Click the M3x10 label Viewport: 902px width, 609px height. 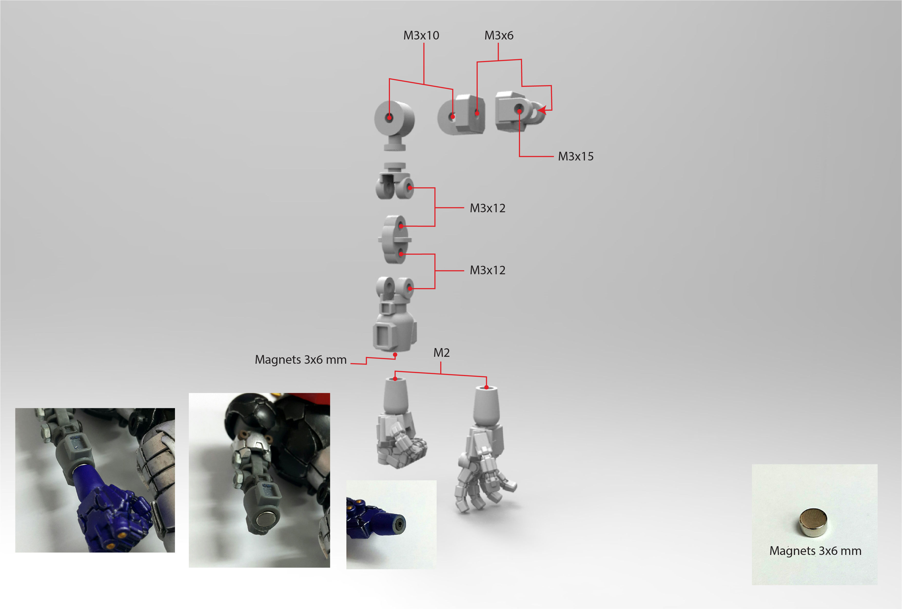421,36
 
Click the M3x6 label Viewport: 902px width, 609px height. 499,36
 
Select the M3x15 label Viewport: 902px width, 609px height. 576,157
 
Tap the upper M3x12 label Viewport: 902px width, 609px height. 487,208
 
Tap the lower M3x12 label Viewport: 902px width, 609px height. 487,270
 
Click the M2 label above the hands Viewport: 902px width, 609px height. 441,353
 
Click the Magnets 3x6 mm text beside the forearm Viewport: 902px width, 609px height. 300,360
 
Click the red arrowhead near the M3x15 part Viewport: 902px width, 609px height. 542,110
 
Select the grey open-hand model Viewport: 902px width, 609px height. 483,462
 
